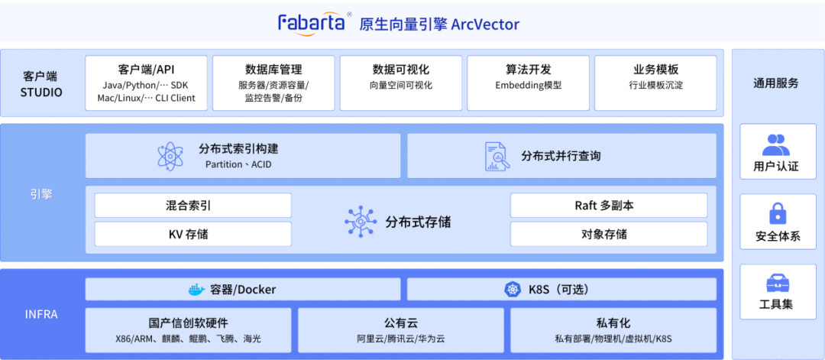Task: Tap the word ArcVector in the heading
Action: [485, 24]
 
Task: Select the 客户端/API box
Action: [146, 83]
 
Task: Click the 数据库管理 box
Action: [273, 83]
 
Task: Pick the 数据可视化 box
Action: [400, 83]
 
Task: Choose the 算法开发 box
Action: [528, 83]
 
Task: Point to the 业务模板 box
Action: [655, 83]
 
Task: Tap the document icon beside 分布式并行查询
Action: [497, 156]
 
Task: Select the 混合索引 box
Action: [192, 206]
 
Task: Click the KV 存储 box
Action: [192, 234]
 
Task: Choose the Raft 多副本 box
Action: [608, 206]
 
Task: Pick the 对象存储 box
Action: [608, 234]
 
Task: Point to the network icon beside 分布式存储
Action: [360, 221]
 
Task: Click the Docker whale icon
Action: [197, 290]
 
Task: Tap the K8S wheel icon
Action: [512, 290]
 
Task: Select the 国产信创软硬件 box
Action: [188, 330]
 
